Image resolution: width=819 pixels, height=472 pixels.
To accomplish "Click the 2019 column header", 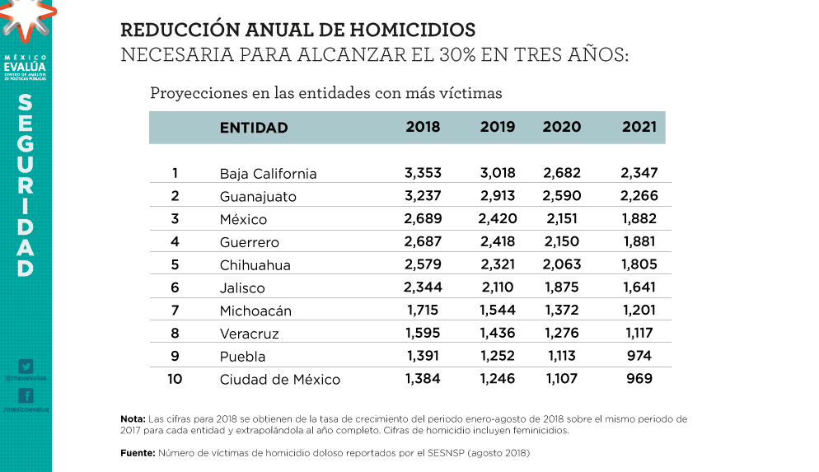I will coord(498,127).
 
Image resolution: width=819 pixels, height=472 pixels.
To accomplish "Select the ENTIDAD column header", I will coord(254,128).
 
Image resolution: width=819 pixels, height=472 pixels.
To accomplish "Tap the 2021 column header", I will coord(639,127).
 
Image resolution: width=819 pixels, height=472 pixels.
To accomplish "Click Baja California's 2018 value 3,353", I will coord(424,173).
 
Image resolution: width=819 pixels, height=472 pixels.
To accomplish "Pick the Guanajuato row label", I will coord(258,197).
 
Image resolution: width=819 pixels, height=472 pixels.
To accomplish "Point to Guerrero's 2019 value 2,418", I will coord(497,242).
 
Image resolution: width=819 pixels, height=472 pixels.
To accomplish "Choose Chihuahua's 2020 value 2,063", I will coord(562,265).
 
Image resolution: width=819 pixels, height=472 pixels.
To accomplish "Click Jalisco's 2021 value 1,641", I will coord(639,288).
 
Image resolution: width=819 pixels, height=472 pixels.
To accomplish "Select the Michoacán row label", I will coord(255,311).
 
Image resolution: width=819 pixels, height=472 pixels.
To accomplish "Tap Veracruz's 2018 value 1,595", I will coord(424,334).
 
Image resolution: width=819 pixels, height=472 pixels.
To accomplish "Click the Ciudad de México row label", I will coord(279,380).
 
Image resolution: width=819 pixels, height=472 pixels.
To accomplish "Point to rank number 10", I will coord(175,379).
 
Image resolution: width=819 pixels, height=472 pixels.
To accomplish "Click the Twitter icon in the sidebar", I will coord(26,367).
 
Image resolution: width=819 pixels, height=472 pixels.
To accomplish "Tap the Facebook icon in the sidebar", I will coord(26,396).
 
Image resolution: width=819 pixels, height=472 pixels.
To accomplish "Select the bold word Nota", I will coord(133,419).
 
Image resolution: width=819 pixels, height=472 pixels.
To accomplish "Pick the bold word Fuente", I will coord(138,453).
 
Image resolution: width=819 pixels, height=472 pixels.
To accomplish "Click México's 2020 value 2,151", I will coord(562,219).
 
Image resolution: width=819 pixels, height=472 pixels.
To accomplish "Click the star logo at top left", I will coord(25,18).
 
